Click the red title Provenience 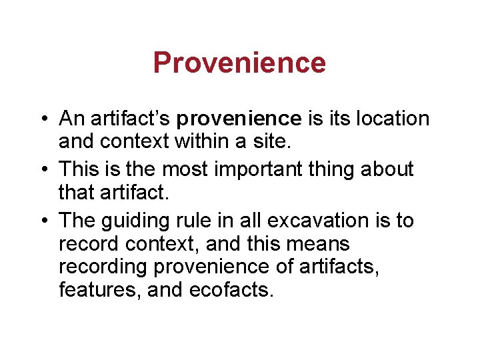(x=239, y=63)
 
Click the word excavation (x=312, y=220)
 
